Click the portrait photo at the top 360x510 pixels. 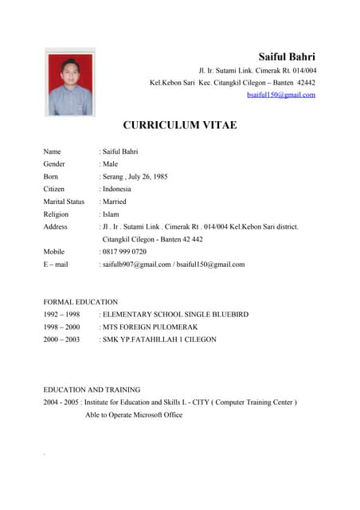70,84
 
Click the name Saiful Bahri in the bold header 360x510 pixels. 287,57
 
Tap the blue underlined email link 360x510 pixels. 281,95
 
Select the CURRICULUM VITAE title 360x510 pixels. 179,125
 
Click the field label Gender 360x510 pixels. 55,163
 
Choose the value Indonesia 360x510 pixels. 117,189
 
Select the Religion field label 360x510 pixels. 56,214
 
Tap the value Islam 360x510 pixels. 111,214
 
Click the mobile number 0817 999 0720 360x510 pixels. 124,252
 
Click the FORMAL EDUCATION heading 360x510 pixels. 80,302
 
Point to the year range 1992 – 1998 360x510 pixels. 61,315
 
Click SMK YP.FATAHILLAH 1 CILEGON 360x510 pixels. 159,339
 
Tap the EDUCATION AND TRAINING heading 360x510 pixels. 92,390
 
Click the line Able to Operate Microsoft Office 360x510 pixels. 134,415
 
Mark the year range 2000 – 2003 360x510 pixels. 61,339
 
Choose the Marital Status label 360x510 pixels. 64,202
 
